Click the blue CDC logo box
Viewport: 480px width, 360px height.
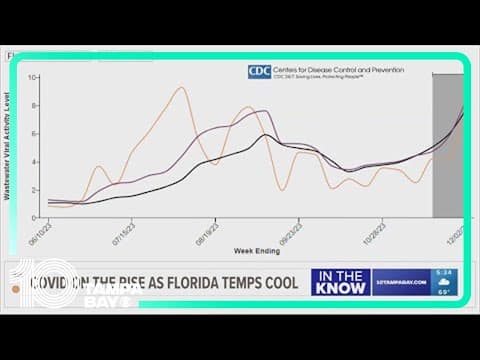[259, 72]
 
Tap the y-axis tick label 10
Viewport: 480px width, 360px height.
[34, 77]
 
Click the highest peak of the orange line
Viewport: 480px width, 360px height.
[180, 88]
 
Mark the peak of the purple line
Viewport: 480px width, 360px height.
[264, 111]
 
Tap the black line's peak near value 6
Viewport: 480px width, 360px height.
[265, 134]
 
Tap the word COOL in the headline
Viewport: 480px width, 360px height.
[272, 283]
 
